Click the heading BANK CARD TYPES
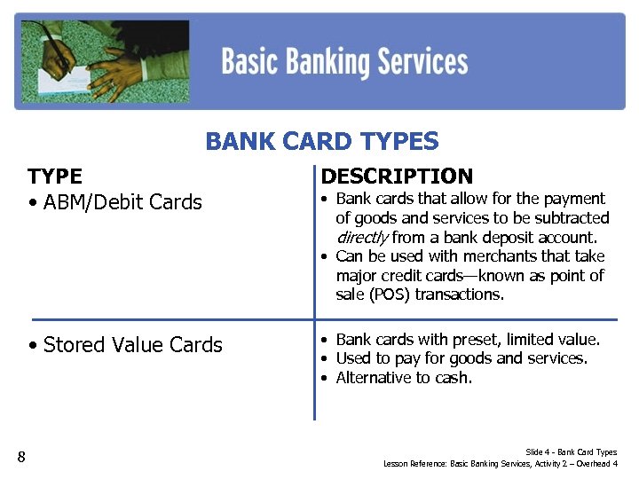pyautogui.click(x=321, y=142)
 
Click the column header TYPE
pyautogui.click(x=55, y=177)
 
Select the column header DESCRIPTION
pyautogui.click(x=397, y=177)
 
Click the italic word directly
pyautogui.click(x=361, y=238)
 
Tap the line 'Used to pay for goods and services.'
pyautogui.click(x=461, y=359)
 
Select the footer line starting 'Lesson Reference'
pyautogui.click(x=501, y=464)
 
